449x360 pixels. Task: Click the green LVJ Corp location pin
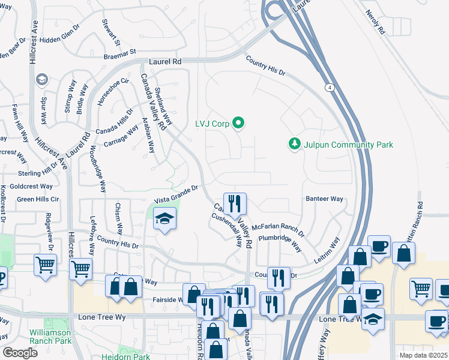pyautogui.click(x=238, y=124)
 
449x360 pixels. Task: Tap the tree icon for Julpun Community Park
pyautogui.click(x=294, y=144)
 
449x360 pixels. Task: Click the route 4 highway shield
pyautogui.click(x=330, y=88)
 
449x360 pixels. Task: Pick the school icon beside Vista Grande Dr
pyautogui.click(x=164, y=220)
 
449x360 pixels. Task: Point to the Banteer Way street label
pyautogui.click(x=324, y=199)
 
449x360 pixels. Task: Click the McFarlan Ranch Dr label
pyautogui.click(x=278, y=230)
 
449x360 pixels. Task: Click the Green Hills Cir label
pyautogui.click(x=38, y=199)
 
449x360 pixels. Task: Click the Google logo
pyautogui.click(x=20, y=353)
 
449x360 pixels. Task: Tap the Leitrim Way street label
pyautogui.click(x=327, y=250)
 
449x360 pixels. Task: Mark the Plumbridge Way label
pyautogui.click(x=280, y=242)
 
